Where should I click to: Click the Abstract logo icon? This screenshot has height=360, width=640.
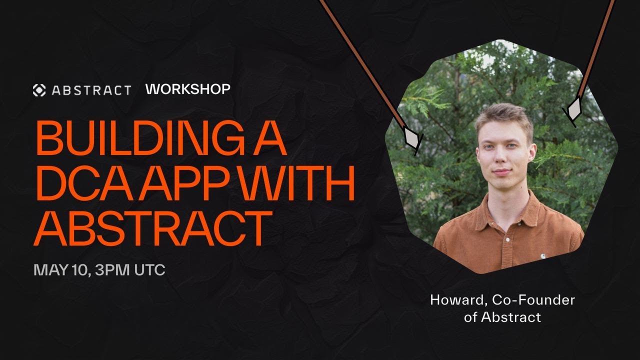[39, 90]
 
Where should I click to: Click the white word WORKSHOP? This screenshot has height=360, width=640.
[188, 89]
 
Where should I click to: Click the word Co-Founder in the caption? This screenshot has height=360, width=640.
[533, 300]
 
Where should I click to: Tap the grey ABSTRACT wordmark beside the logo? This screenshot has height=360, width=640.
[91, 90]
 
